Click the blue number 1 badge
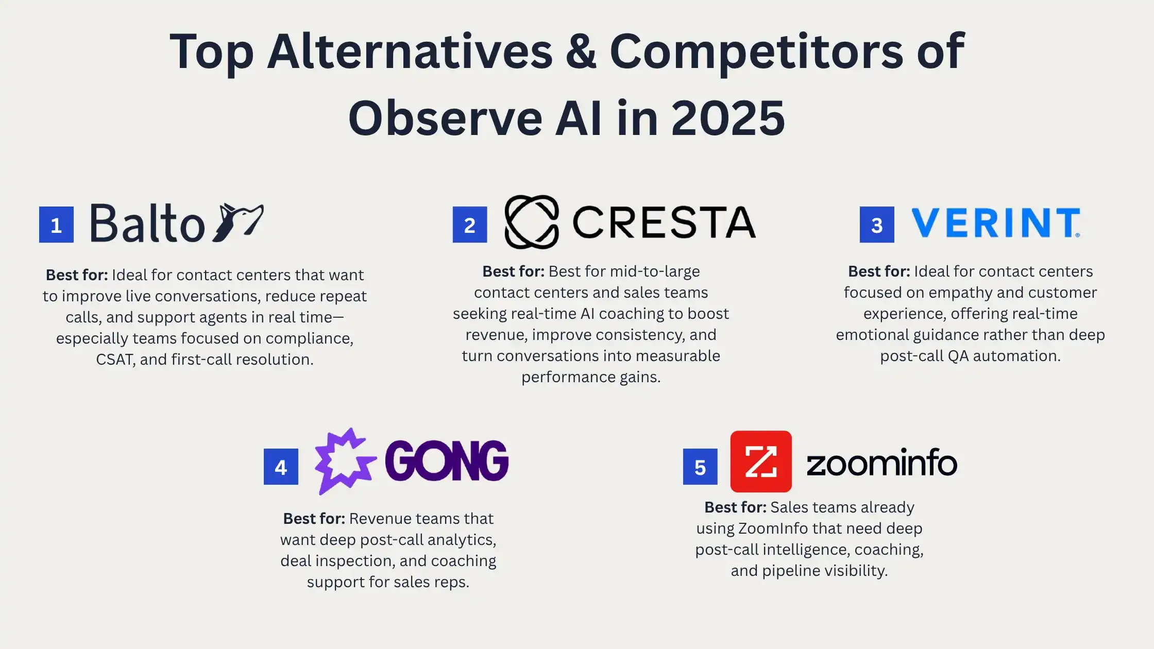click(56, 225)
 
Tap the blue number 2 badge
click(470, 225)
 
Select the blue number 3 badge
click(877, 225)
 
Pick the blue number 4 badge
click(281, 467)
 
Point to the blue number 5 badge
click(700, 467)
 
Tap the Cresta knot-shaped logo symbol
click(532, 222)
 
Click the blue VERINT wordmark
click(996, 223)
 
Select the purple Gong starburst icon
click(345, 461)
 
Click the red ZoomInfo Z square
click(761, 462)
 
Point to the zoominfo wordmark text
click(882, 462)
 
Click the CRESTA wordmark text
click(664, 223)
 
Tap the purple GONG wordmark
click(447, 460)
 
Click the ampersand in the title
click(581, 52)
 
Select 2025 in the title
click(728, 118)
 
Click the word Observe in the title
click(445, 118)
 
